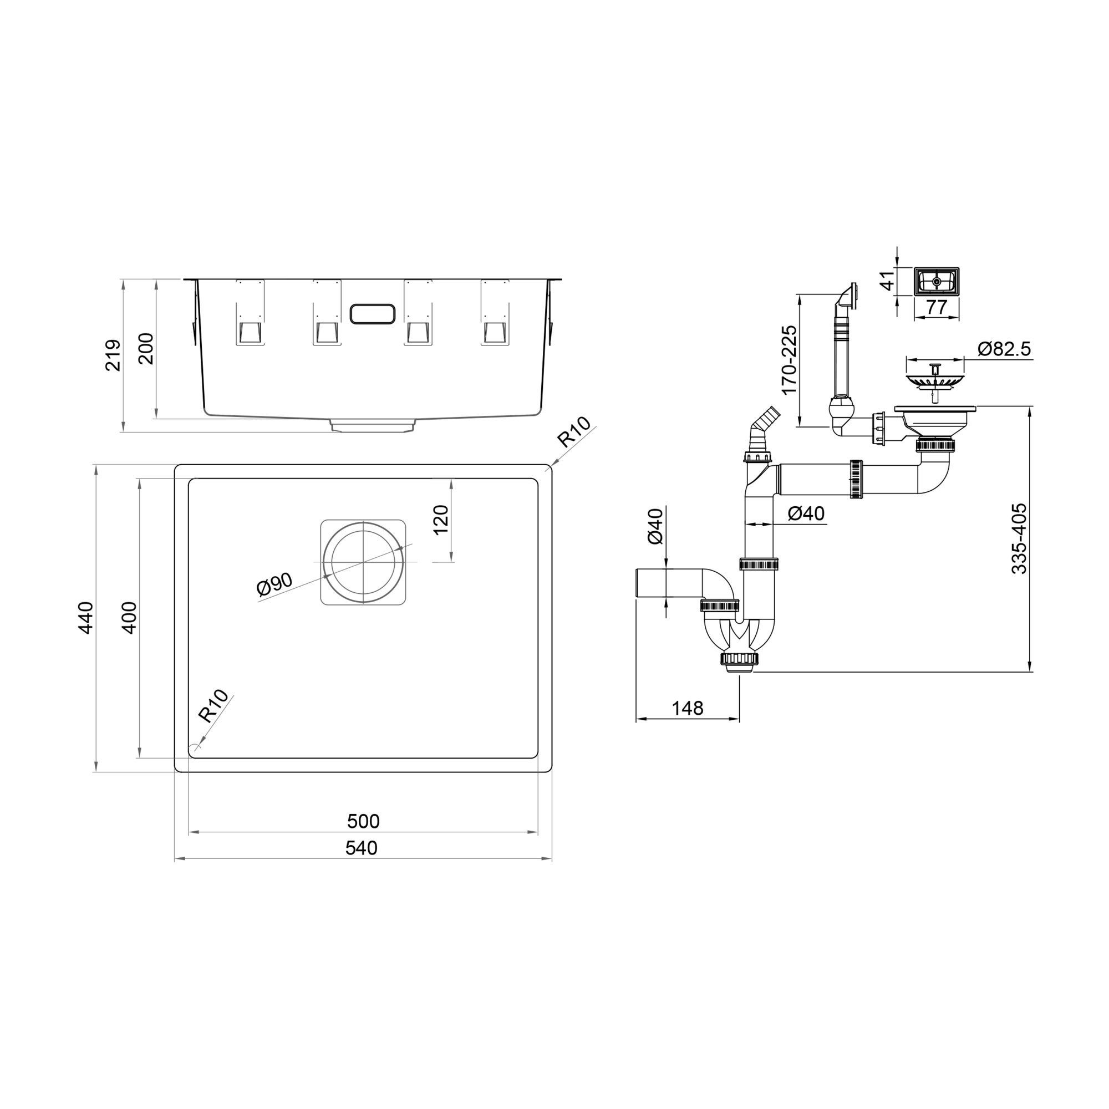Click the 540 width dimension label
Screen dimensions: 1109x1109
(362, 848)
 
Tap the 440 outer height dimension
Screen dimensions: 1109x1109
(85, 618)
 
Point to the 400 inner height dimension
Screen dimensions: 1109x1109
(130, 618)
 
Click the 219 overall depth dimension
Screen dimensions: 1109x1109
(113, 355)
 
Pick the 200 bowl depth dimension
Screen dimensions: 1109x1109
(146, 348)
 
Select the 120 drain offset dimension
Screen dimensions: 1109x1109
(440, 520)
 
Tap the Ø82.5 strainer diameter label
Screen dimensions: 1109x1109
(1004, 348)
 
